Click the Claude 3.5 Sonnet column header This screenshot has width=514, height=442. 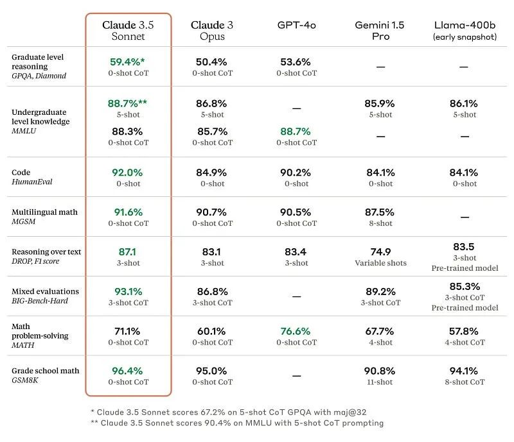[x=128, y=30]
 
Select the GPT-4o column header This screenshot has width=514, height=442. [x=296, y=25]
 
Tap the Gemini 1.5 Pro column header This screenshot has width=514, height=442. [x=380, y=30]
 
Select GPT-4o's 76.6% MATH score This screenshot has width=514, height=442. [x=296, y=332]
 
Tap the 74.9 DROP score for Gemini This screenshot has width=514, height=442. [x=380, y=252]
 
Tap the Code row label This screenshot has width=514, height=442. [x=21, y=173]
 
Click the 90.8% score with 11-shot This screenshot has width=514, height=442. [x=380, y=371]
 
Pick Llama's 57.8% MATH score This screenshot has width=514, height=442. [x=463, y=332]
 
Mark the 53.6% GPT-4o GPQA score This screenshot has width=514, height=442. [x=296, y=62]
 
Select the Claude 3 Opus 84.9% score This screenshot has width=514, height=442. [x=212, y=173]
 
